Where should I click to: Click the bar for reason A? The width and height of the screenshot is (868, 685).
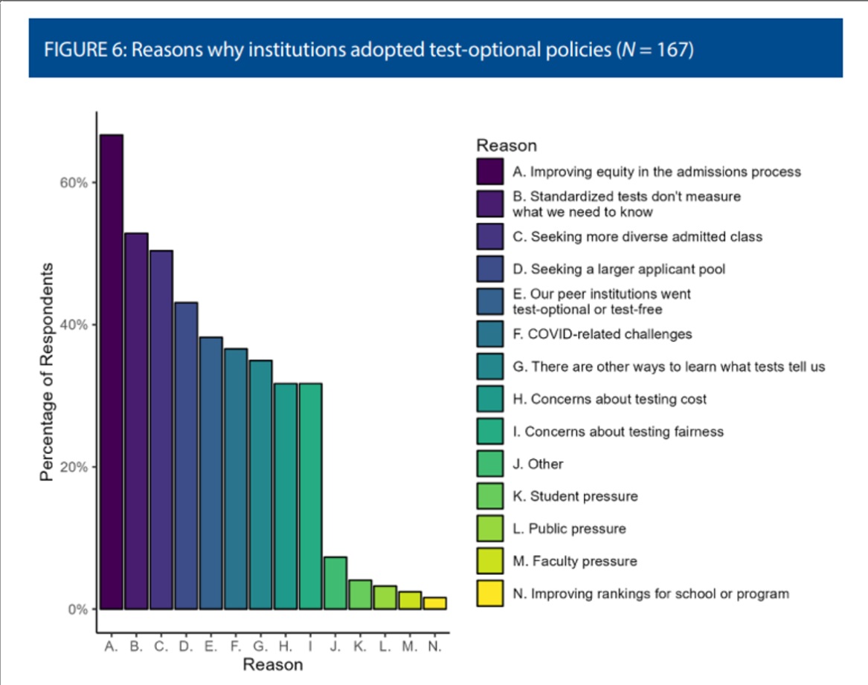pyautogui.click(x=112, y=371)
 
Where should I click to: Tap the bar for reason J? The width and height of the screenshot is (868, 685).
pyautogui.click(x=335, y=583)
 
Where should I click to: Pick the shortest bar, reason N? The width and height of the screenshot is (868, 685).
pyautogui.click(x=435, y=603)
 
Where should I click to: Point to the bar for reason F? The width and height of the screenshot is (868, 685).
pyautogui.click(x=236, y=478)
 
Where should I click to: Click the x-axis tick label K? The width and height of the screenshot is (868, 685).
pyautogui.click(x=360, y=646)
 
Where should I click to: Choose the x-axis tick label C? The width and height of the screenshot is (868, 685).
pyautogui.click(x=161, y=646)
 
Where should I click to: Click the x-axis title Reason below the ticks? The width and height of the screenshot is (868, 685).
pyautogui.click(x=273, y=664)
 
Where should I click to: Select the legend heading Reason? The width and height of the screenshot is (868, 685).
pyautogui.click(x=507, y=146)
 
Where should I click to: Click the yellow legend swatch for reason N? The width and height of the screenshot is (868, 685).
pyautogui.click(x=490, y=594)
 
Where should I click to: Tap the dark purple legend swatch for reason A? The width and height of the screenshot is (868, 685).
pyautogui.click(x=490, y=172)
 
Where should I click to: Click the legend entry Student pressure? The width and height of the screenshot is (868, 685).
pyautogui.click(x=575, y=496)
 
